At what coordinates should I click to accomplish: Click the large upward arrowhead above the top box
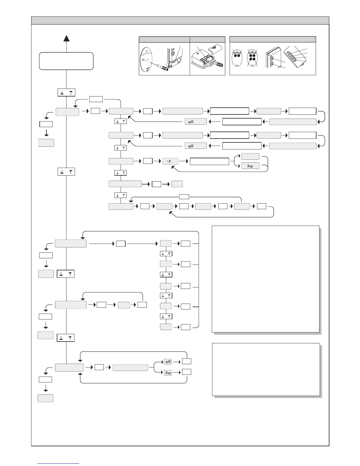[66, 39]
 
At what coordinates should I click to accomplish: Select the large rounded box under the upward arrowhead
[66, 61]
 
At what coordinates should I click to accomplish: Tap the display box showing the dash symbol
[170, 161]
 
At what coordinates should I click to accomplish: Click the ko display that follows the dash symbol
[250, 166]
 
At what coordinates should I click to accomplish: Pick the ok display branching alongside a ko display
[167, 362]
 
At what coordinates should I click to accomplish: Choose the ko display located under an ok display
[167, 373]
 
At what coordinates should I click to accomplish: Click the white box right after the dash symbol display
[209, 161]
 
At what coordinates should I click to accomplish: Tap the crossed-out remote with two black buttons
[237, 59]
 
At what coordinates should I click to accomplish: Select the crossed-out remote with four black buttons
[252, 59]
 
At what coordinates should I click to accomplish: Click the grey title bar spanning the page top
[180, 20]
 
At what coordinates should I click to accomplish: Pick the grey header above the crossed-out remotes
[272, 39]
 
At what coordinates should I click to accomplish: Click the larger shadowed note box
[265, 279]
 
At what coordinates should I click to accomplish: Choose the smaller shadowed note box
[266, 369]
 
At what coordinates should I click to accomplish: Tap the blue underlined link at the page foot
[58, 463]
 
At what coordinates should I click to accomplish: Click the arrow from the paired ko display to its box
[176, 372]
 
